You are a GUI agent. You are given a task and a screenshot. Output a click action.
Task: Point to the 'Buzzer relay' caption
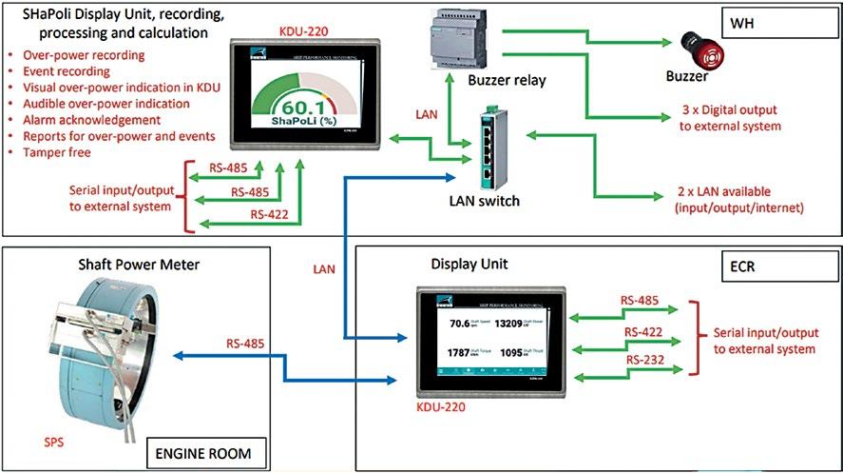(506, 81)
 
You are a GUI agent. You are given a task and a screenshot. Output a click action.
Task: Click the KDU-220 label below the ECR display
(442, 405)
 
